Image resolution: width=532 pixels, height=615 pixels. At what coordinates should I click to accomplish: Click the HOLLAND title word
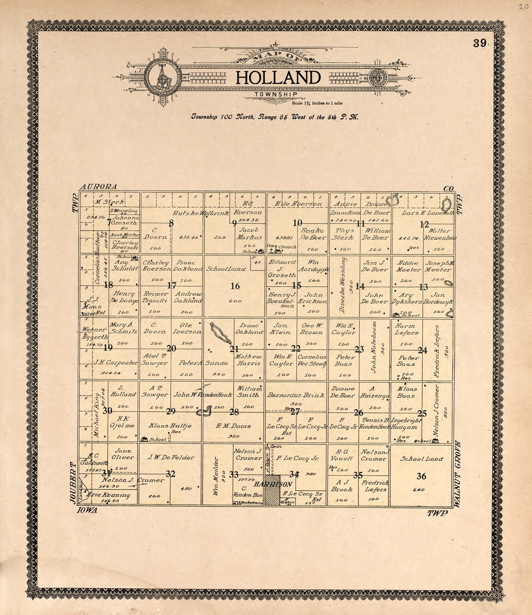(x=278, y=78)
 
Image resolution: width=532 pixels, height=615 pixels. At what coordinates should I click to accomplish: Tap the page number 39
(x=480, y=43)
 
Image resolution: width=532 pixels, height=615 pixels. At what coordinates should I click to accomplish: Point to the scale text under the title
(x=317, y=103)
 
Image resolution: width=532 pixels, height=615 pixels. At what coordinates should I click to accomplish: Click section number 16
(x=235, y=286)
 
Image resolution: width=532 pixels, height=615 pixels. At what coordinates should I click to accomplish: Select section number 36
(x=421, y=476)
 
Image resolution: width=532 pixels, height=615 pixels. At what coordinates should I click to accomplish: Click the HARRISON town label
(x=273, y=484)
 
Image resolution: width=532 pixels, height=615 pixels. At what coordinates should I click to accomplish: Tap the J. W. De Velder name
(x=171, y=458)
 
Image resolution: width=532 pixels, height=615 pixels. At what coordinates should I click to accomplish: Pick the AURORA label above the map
(x=98, y=187)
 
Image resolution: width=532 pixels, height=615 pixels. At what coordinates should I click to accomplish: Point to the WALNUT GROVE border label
(x=457, y=474)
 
